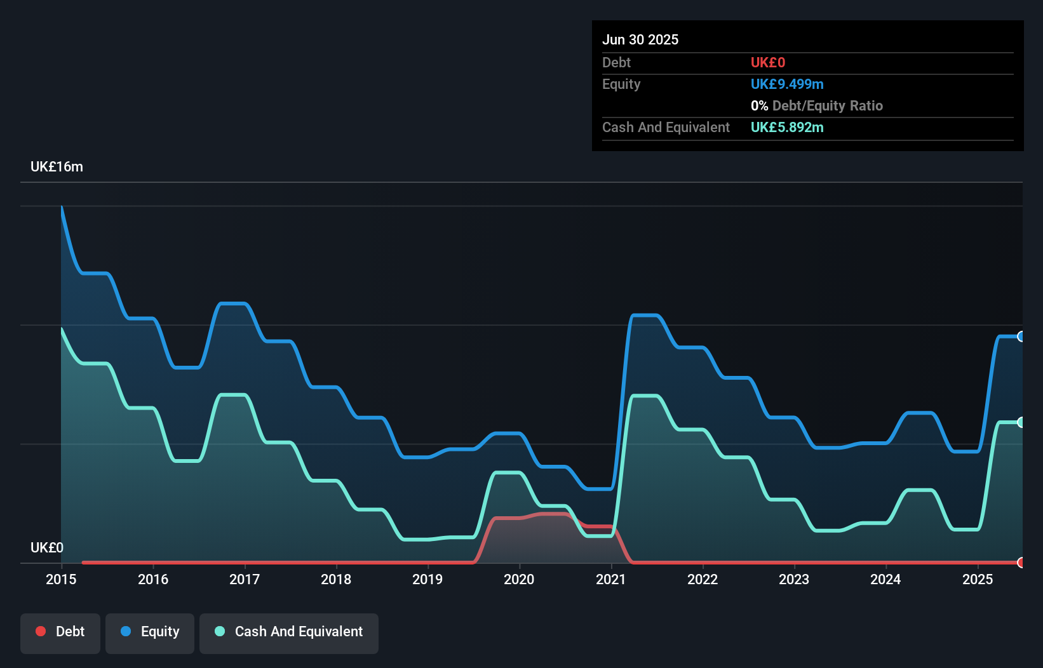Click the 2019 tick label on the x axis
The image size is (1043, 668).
coord(427,579)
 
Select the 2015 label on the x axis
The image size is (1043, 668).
coord(61,579)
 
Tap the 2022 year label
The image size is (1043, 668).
coord(703,579)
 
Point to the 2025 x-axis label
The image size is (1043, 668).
coord(977,579)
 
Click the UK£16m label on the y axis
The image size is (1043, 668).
coord(57,167)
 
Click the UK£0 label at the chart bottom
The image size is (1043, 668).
coord(47,547)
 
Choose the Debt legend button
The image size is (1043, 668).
coord(60,632)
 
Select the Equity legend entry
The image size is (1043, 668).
coord(150,632)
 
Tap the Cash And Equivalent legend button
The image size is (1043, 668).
coord(289,632)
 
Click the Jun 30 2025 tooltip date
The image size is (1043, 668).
coord(640,39)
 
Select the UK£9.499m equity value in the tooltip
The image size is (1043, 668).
coord(787,84)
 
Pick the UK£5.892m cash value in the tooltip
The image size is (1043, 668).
coord(787,128)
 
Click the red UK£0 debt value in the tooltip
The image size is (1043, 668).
coord(768,63)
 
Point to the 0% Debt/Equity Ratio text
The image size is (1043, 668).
coord(817,106)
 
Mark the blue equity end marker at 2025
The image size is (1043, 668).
coord(1021,337)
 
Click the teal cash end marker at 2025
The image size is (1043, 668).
coord(1021,422)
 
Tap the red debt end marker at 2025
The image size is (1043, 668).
coord(1021,563)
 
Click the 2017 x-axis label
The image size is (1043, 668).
coord(245,579)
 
